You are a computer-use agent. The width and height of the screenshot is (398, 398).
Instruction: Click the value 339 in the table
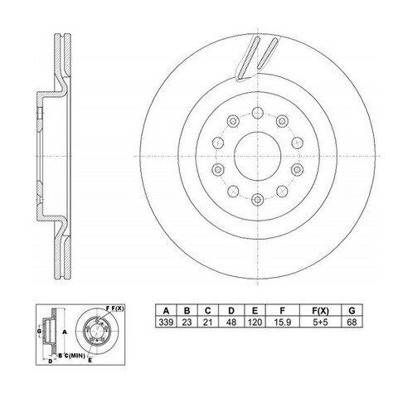tap(166, 323)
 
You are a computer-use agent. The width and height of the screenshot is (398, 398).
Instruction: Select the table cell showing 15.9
tap(282, 323)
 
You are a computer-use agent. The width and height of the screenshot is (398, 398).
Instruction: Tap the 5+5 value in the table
tap(320, 323)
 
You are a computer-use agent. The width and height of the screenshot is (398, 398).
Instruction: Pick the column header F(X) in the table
tap(320, 311)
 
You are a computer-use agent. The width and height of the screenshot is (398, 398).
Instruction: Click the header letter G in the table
tap(352, 311)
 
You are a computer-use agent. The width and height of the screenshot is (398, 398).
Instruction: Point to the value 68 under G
tap(352, 323)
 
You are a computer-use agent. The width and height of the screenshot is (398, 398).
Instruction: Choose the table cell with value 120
tap(255, 323)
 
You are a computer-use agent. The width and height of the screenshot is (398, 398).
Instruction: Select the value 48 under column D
tap(231, 323)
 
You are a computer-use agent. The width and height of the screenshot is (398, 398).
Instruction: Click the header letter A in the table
tap(166, 311)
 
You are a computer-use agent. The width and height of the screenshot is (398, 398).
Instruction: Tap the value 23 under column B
tap(187, 323)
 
